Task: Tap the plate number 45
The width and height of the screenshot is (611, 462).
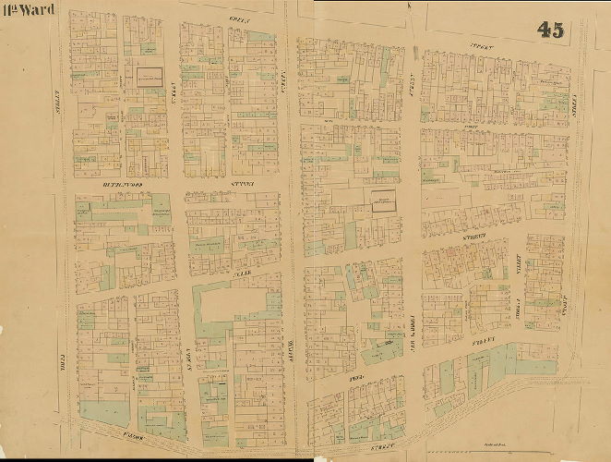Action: [551, 30]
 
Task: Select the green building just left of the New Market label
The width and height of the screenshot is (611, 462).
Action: [383, 348]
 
